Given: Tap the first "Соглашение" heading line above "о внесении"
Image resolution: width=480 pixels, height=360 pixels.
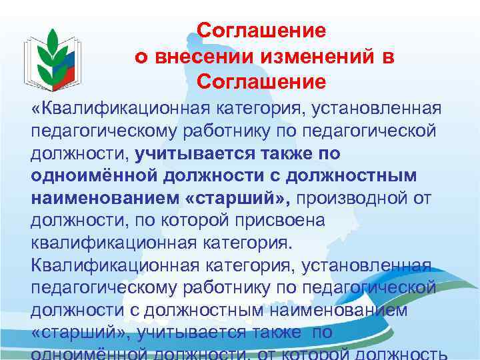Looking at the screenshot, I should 261,31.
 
